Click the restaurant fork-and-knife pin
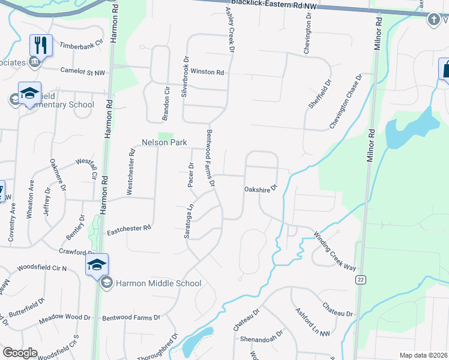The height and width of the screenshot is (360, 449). (x=41, y=45)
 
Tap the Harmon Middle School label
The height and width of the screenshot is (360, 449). (x=158, y=283)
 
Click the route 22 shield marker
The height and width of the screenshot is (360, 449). (x=360, y=280)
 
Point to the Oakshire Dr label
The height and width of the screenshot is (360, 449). (x=260, y=189)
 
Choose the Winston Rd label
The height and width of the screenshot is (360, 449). (x=207, y=72)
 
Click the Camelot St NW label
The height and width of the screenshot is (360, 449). (x=83, y=71)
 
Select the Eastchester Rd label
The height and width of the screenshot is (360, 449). (x=128, y=229)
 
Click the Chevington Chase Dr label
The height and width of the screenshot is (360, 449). (x=346, y=101)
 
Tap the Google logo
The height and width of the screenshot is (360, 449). (x=20, y=353)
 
